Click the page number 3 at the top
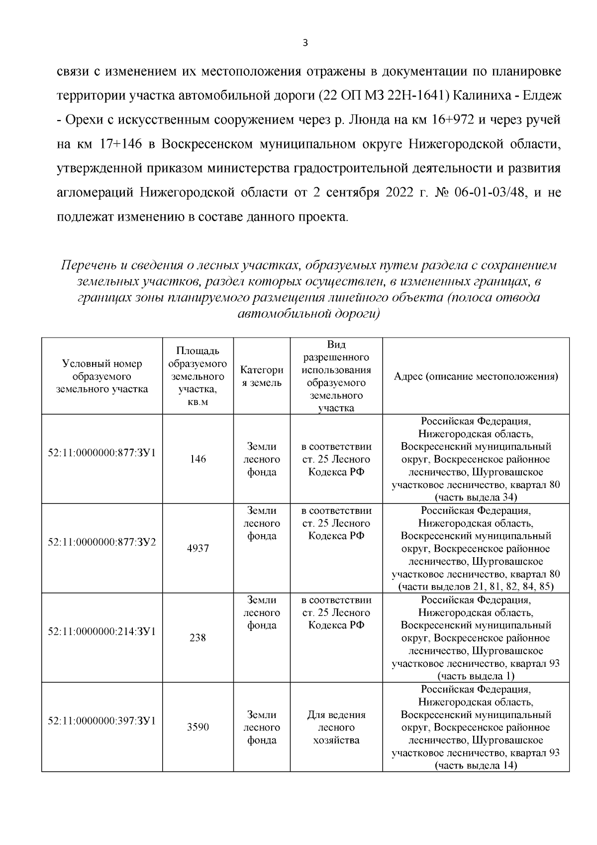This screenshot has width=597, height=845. pos(305,43)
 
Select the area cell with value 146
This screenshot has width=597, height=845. pos(198,459)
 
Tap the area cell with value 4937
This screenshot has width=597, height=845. pos(198,548)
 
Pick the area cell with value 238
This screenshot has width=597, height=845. pos(198,638)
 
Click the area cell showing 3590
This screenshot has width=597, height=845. pos(198,727)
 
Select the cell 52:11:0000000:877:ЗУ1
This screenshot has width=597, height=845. pos(102,453)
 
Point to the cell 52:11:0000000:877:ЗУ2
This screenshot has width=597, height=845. pos(102,542)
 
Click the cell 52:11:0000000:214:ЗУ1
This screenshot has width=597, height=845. pos(102,631)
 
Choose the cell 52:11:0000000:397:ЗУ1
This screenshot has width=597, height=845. pos(102,721)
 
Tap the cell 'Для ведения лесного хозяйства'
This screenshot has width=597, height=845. pos(336,727)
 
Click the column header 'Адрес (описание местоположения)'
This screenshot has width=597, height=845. pos(476,376)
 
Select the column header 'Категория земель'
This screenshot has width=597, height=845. pos(262,376)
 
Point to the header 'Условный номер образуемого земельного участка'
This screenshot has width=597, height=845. pos(102,376)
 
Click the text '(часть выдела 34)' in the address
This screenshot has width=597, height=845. pos(476,497)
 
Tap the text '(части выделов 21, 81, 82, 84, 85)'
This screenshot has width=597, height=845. pos(476,586)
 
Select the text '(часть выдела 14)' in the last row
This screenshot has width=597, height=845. pos(476,765)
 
